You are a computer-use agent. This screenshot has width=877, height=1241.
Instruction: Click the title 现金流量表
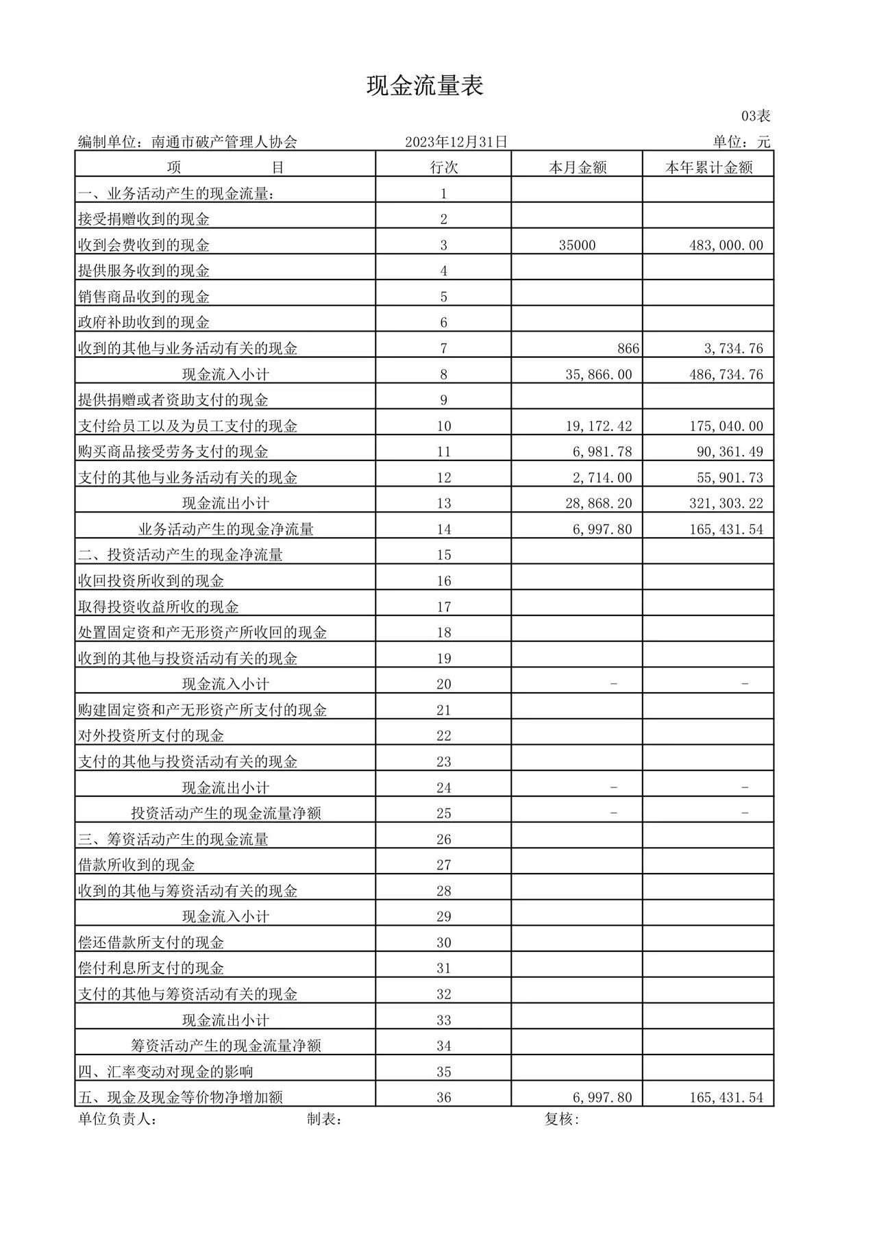[x=425, y=86]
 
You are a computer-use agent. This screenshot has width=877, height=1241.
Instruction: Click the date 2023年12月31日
[x=456, y=142]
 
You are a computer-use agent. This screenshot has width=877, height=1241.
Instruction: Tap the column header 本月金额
[x=577, y=167]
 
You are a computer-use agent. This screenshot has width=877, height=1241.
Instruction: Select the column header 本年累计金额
[x=708, y=167]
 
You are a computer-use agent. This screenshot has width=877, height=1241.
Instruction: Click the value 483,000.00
[x=726, y=245]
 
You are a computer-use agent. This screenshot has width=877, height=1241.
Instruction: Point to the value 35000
[x=577, y=245]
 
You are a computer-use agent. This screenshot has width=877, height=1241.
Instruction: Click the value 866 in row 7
[x=628, y=349]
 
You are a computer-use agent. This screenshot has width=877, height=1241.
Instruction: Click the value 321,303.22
[x=726, y=504]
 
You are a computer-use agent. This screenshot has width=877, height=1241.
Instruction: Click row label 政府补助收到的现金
[x=144, y=323]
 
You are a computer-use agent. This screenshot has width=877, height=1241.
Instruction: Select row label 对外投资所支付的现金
[x=151, y=736]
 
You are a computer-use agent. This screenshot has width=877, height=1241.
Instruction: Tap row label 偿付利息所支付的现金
[x=151, y=968]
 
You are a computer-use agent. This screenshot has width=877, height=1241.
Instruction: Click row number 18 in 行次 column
[x=443, y=632]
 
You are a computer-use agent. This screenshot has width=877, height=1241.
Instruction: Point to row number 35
[x=443, y=1072]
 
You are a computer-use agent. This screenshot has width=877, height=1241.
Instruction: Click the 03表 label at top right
[x=756, y=116]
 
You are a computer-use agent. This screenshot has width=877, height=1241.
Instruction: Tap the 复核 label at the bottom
[x=561, y=1120]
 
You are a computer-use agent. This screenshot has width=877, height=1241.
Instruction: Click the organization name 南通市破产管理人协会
[x=224, y=142]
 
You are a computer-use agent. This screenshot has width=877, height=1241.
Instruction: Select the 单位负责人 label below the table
[x=116, y=1120]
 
